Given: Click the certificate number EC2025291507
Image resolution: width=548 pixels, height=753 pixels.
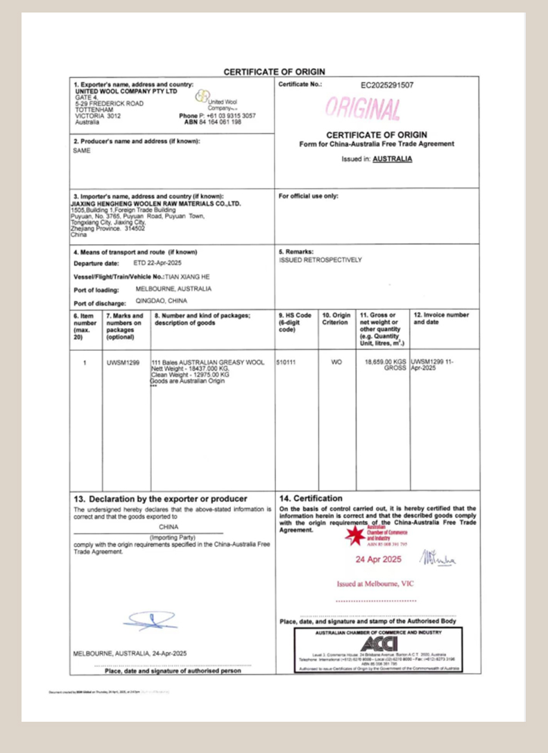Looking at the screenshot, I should pyautogui.click(x=387, y=86).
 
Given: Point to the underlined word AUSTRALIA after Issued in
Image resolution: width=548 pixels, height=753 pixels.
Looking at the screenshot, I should pyautogui.click(x=393, y=158).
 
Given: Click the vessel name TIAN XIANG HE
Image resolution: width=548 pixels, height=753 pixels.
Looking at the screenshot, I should pyautogui.click(x=187, y=276).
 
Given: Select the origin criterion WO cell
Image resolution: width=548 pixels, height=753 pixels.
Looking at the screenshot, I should pyautogui.click(x=336, y=361).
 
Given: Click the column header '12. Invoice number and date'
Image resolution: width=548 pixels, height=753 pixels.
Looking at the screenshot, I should pyautogui.click(x=441, y=318).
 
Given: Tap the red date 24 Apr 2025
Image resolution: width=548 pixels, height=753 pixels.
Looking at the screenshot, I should pyautogui.click(x=378, y=559).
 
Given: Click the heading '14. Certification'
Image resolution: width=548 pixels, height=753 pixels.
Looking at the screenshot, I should pyautogui.click(x=310, y=499).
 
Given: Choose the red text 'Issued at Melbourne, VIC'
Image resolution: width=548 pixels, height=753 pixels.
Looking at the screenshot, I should pyautogui.click(x=375, y=584).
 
